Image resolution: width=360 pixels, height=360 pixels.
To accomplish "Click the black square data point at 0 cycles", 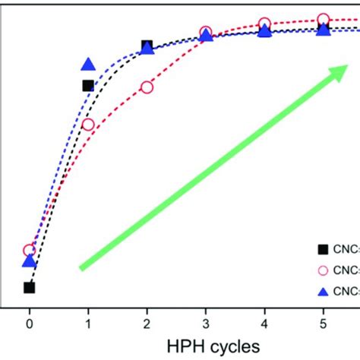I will pyautogui.click(x=29, y=287).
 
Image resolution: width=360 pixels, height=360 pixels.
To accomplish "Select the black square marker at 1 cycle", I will pyautogui.click(x=88, y=86).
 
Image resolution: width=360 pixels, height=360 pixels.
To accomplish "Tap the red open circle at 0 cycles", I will pyautogui.click(x=29, y=251).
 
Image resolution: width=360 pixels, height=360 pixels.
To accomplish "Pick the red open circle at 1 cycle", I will pyautogui.click(x=88, y=125).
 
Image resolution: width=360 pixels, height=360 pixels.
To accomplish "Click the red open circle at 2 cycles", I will pyautogui.click(x=147, y=87).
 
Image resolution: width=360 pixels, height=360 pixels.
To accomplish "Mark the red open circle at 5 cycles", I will pyautogui.click(x=323, y=20).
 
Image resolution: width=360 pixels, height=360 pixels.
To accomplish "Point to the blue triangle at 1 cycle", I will pyautogui.click(x=88, y=65).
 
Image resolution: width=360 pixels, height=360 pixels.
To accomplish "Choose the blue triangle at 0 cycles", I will pyautogui.click(x=29, y=261).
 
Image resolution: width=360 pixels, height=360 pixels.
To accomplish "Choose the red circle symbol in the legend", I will pyautogui.click(x=323, y=269).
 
